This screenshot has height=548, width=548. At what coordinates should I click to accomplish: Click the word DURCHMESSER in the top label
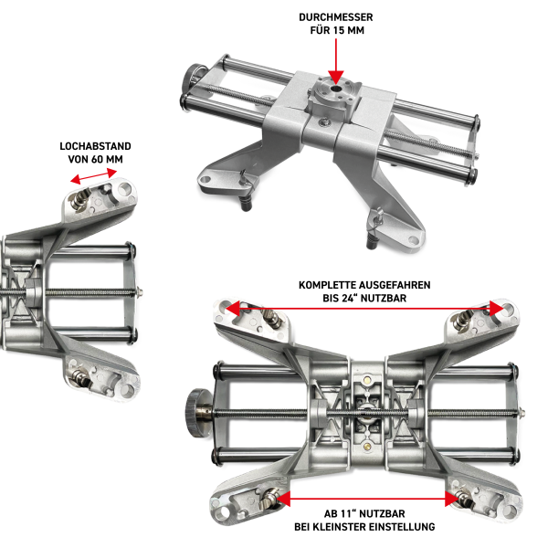(x=335, y=17)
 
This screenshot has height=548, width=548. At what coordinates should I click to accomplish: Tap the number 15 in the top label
(x=339, y=30)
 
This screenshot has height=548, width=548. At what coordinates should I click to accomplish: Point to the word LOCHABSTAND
(x=95, y=146)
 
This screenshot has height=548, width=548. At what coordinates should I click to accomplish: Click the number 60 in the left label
(x=97, y=159)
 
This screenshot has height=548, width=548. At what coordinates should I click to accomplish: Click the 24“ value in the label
(x=350, y=298)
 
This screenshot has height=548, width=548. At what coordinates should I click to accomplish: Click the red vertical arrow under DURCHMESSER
(x=336, y=61)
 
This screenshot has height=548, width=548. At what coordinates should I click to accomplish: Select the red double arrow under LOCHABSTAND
(x=94, y=176)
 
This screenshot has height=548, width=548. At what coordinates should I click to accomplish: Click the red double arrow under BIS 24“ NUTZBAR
(x=364, y=309)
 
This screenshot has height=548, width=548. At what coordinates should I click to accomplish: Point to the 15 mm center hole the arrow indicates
(x=336, y=89)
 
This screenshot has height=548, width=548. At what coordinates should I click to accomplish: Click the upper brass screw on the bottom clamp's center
(x=366, y=380)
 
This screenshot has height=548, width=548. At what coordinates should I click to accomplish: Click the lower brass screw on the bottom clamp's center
(x=366, y=446)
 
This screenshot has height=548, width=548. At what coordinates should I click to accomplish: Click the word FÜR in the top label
(x=320, y=30)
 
